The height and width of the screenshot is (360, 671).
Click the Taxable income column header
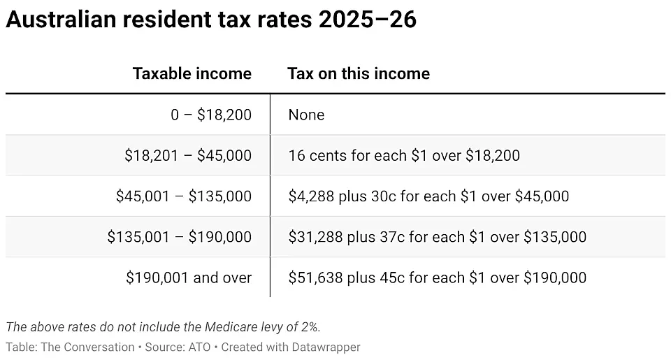192,73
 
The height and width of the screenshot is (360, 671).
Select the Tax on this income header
359,73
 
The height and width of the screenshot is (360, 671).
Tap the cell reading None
306,115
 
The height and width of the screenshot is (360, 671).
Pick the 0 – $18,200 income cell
211,115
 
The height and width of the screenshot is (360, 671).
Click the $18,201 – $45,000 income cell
188,155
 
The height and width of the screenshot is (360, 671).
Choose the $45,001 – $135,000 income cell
184,196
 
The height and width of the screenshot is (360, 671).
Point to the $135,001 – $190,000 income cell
180,237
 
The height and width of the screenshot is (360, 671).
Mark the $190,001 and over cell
189,278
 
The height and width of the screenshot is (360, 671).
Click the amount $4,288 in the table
311,196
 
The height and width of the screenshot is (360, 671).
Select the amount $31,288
315,237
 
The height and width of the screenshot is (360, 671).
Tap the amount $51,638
315,278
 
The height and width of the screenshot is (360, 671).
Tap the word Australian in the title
61,20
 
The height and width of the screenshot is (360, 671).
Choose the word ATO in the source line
199,347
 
